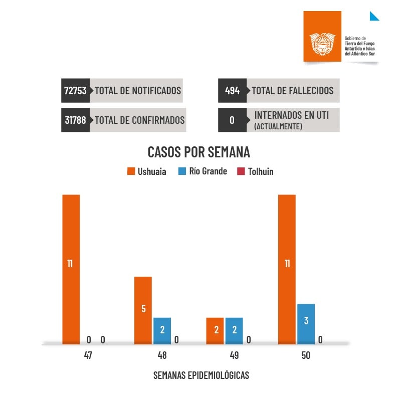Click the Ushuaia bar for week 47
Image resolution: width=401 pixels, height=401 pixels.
(71, 269)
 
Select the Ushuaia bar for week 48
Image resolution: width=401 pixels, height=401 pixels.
(143, 310)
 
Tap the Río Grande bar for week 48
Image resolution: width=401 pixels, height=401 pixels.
(162, 331)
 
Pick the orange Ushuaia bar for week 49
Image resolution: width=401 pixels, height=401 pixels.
(215, 331)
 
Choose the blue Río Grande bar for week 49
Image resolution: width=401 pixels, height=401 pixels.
(234, 331)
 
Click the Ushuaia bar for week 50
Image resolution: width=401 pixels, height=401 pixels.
(287, 269)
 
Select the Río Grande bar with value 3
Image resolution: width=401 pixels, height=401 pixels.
(306, 324)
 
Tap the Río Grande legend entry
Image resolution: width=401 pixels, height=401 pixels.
(203, 171)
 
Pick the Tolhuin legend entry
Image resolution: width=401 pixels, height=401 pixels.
(255, 171)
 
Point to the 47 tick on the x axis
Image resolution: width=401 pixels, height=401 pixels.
(88, 356)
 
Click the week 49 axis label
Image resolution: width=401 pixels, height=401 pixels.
(234, 356)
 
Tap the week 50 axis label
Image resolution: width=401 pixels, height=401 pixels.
(306, 356)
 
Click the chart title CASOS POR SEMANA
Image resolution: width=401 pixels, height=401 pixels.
(199, 152)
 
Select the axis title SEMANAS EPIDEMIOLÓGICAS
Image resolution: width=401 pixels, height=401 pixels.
(201, 375)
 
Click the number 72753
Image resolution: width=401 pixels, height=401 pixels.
(76, 91)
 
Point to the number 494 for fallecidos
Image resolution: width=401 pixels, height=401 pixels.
(232, 91)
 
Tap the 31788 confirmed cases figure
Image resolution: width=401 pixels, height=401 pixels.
(76, 120)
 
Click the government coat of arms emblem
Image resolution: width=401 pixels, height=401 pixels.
(322, 44)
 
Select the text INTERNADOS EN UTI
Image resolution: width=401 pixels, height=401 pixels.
(291, 115)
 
